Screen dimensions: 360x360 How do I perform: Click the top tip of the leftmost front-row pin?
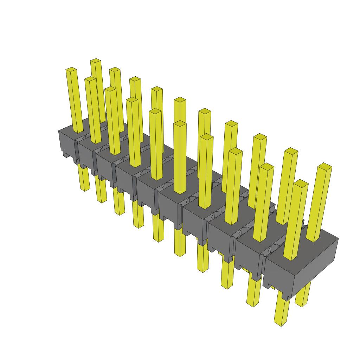(71, 70)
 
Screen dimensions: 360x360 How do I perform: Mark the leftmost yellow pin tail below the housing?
(85, 188)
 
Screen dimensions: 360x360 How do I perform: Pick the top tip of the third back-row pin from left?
(135, 79)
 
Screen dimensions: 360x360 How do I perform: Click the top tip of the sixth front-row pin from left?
(180, 123)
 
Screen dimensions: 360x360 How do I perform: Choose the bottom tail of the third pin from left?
(120, 211)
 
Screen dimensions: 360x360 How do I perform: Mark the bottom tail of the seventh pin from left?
(202, 269)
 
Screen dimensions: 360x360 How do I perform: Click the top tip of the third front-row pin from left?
(110, 89)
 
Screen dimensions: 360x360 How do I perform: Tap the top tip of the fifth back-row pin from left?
(180, 100)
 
